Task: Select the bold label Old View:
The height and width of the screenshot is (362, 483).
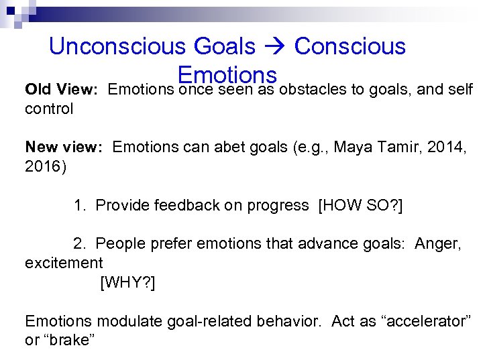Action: (62, 89)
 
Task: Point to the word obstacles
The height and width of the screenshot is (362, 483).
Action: (312, 89)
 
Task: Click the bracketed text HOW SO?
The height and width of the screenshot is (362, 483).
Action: (360, 204)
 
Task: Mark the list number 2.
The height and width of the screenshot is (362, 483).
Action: (78, 243)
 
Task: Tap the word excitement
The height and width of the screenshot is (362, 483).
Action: (64, 263)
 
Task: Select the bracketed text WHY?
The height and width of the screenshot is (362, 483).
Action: (127, 282)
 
